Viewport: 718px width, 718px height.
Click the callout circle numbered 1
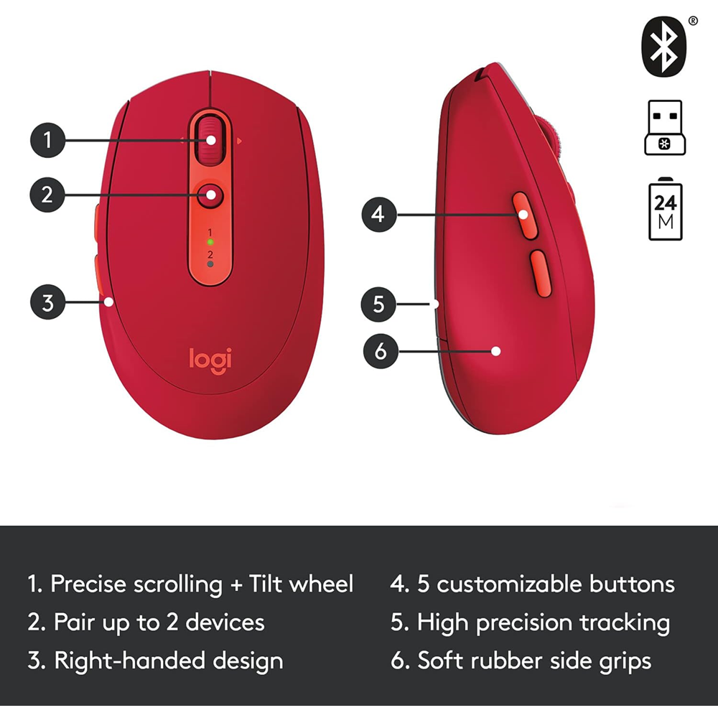point(48,139)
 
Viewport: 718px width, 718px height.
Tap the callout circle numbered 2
point(48,194)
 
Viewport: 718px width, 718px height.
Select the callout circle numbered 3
point(48,302)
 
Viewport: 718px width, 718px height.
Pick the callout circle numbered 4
point(378,213)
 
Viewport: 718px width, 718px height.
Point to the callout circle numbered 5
point(378,304)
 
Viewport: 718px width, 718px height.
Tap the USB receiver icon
point(665,127)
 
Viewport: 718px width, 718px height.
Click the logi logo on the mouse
point(210,358)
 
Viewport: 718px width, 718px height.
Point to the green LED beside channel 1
point(210,243)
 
